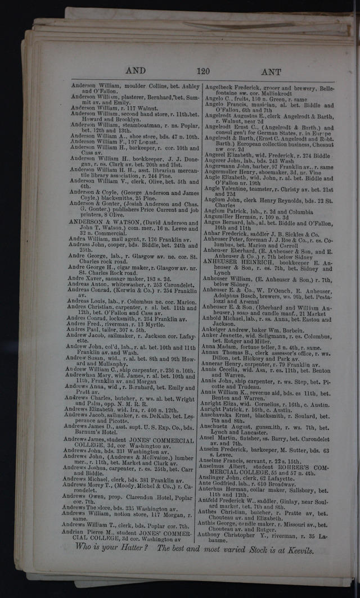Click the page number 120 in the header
pos(203,71)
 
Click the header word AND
pos(136,71)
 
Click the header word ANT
pos(271,73)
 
